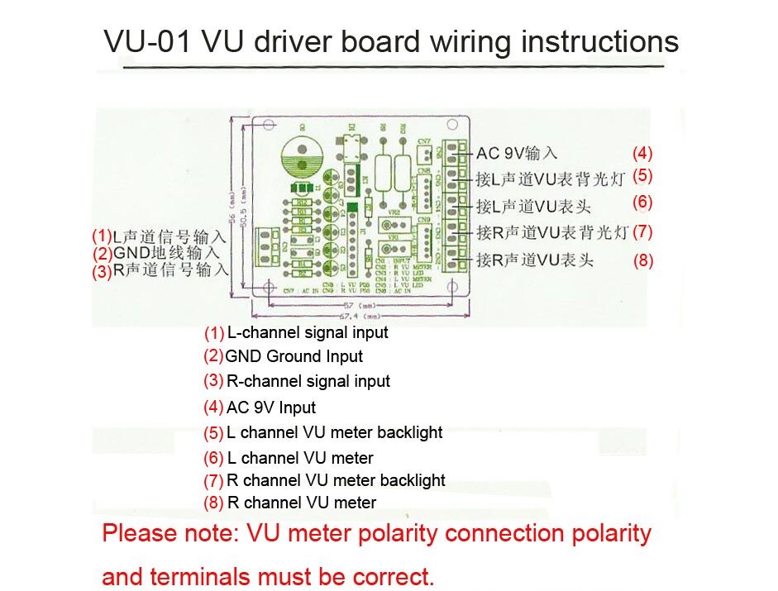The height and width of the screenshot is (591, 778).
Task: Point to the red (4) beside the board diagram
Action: (642, 153)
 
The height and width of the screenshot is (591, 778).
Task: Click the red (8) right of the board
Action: (643, 261)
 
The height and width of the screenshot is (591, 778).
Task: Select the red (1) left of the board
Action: (102, 236)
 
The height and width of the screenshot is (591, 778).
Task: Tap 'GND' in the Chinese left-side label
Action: (131, 253)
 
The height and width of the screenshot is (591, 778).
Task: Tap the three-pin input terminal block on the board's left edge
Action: (269, 247)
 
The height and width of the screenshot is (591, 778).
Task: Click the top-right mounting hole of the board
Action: (451, 126)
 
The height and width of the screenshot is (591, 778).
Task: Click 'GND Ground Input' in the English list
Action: (294, 357)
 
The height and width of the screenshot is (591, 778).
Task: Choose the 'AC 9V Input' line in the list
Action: (271, 408)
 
